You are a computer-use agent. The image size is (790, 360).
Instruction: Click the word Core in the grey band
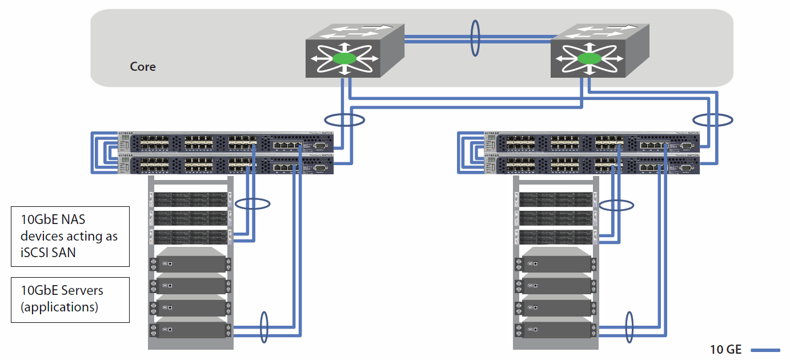click(x=143, y=67)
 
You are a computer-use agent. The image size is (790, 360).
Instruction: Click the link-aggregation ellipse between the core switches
click(x=475, y=38)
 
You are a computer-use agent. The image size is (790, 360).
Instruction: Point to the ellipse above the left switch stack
click(x=344, y=120)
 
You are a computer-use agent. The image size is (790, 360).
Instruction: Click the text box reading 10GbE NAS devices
click(x=70, y=236)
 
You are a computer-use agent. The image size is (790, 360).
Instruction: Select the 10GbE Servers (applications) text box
click(x=70, y=299)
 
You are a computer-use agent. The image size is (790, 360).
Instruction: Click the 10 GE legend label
click(x=725, y=350)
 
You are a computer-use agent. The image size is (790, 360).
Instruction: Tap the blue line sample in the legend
click(x=765, y=350)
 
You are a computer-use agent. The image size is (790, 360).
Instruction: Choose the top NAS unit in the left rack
click(x=191, y=199)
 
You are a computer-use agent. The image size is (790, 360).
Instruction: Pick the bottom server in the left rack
click(x=191, y=330)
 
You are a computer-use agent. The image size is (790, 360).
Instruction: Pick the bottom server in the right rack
click(x=556, y=330)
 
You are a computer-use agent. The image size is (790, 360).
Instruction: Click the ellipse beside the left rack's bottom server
click(x=264, y=327)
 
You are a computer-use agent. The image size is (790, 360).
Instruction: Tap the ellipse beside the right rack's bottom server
click(x=629, y=327)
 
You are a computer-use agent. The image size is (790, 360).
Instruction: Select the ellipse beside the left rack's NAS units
click(x=252, y=203)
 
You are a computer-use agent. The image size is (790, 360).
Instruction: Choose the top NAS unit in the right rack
click(x=556, y=199)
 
